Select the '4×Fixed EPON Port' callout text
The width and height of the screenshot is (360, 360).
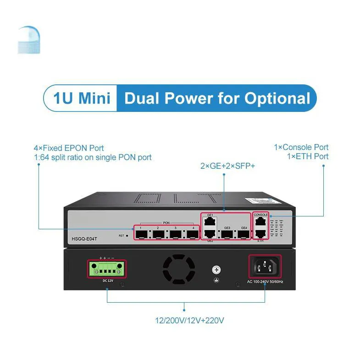point(69,148)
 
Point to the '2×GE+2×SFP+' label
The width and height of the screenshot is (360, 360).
point(227,166)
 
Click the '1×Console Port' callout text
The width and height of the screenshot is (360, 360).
point(301,148)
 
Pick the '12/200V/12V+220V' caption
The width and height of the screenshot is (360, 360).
point(189,321)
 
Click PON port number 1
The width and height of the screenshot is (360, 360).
point(141,235)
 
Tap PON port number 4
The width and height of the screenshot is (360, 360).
point(193,235)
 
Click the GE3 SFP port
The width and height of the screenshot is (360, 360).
point(227,235)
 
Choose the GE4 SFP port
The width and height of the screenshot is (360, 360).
point(244,235)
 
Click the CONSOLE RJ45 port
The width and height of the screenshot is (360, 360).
point(261,222)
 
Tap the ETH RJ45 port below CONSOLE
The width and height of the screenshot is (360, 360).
point(261,234)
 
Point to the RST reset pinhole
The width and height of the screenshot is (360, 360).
point(127,236)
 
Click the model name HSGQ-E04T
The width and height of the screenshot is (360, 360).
point(85,238)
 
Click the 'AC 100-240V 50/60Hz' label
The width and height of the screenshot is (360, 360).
point(265,281)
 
